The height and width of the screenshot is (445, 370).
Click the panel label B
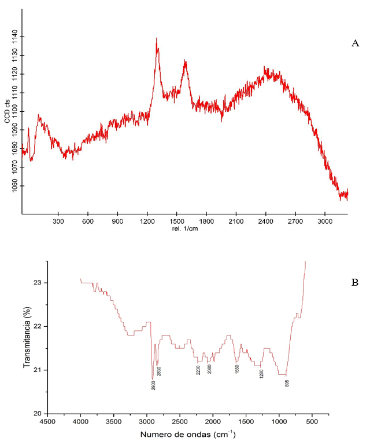click(x=356, y=283)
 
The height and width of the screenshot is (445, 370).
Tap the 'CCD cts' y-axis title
click(x=8, y=110)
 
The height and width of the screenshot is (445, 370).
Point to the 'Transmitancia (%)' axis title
click(x=26, y=337)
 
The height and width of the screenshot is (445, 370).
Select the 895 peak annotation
click(x=287, y=383)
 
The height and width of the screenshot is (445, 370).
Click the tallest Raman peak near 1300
click(x=157, y=39)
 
